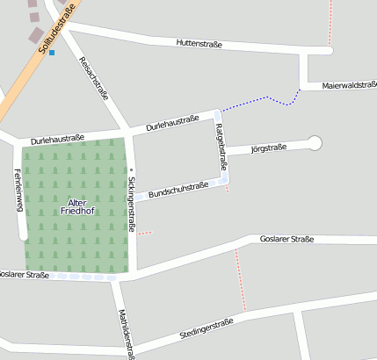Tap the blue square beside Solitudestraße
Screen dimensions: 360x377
pos(52,53)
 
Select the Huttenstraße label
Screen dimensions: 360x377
pos(199,43)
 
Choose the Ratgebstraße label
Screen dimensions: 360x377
pos(221,148)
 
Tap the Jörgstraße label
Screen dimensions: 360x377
pos(269,148)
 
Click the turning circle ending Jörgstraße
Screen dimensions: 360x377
pos(315,142)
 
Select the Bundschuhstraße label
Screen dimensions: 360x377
pos(178,190)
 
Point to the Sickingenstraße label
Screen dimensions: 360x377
pos(131,204)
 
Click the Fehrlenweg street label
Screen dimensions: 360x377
pos(18,191)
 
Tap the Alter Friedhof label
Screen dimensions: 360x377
pos(76,207)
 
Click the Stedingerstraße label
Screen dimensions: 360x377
pos(206,328)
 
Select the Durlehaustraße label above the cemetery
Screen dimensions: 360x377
pos(57,139)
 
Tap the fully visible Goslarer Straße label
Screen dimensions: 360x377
pos(286,239)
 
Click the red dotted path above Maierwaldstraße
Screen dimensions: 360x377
pos(330,22)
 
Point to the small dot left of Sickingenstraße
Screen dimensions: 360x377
pos(131,169)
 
